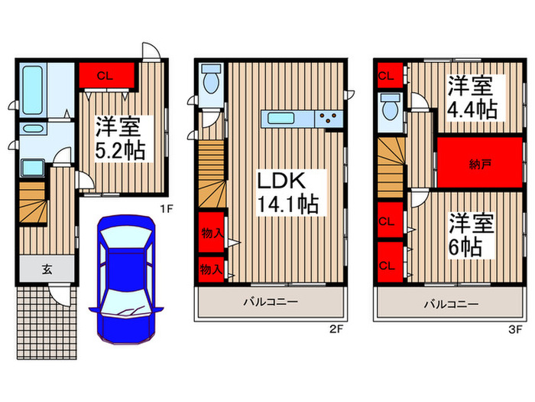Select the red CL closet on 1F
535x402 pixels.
pyautogui.click(x=106, y=76)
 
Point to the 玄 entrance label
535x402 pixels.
pyautogui.click(x=46, y=269)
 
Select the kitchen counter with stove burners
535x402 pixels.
pyautogui.click(x=303, y=119)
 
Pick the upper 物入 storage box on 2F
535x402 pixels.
pyautogui.click(x=212, y=234)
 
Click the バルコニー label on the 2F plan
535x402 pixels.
pyautogui.click(x=271, y=302)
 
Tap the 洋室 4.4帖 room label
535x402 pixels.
pyautogui.click(x=472, y=96)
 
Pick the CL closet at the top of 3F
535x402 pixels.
pyautogui.click(x=387, y=75)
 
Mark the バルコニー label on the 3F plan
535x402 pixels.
pyautogui.click(x=452, y=304)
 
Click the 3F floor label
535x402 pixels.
pyautogui.click(x=515, y=330)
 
